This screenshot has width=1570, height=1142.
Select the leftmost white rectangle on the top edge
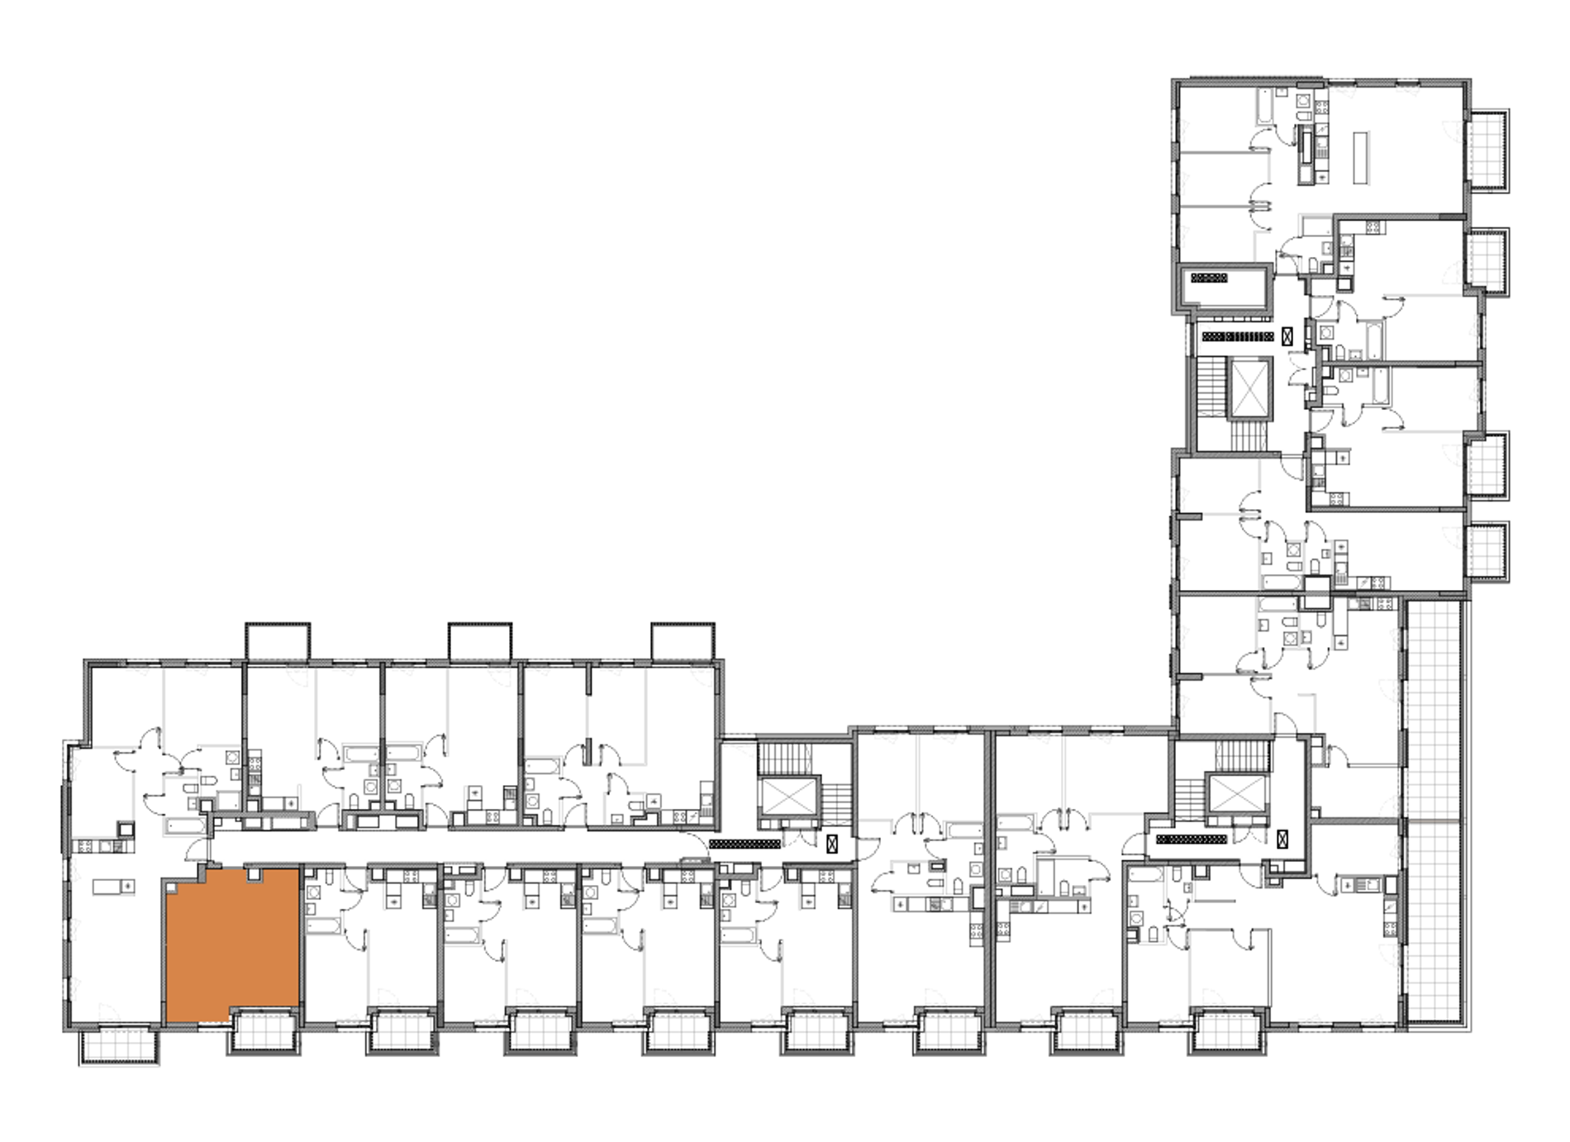pos(278,643)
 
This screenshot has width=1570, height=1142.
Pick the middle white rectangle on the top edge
pos(479,643)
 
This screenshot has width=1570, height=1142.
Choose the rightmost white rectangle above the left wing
pos(682,643)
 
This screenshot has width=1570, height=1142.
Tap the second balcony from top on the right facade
pos(1487,259)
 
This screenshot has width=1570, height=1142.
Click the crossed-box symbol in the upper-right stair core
pos(1287,336)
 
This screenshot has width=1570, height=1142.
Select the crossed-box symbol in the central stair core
pos(832,844)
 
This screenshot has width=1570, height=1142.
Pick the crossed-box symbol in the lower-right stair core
pos(1282,840)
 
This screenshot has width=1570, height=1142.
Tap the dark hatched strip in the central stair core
pos(745,844)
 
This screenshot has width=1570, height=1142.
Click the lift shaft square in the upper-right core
pos(1247,388)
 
